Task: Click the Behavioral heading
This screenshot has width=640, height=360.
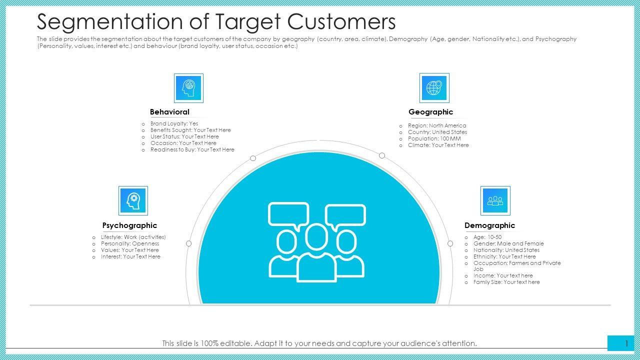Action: (169, 112)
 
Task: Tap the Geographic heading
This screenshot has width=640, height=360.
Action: (430, 112)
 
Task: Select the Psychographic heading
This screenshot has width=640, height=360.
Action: (129, 225)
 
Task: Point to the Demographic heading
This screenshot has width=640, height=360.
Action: (489, 225)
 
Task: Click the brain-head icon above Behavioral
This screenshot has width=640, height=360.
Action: (188, 88)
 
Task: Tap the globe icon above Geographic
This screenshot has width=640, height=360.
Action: (434, 88)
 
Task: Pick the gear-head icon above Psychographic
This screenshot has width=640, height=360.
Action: (133, 200)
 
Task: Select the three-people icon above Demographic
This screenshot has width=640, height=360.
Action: (495, 200)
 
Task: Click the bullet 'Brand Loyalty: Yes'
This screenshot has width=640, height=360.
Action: (174, 123)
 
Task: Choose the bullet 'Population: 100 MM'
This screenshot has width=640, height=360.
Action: (434, 138)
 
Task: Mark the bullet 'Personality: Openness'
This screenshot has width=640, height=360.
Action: (130, 243)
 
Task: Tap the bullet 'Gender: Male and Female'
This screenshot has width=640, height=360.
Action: (508, 243)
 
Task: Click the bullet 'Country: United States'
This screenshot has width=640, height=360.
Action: (437, 132)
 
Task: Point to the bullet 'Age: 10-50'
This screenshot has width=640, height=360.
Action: (487, 237)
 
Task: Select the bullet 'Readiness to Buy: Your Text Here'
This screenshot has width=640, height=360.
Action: (192, 149)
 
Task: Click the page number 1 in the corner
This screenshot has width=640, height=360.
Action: (626, 343)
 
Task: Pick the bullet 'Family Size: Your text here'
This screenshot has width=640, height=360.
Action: (506, 282)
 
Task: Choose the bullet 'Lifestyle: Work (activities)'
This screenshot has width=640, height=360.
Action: (133, 237)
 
